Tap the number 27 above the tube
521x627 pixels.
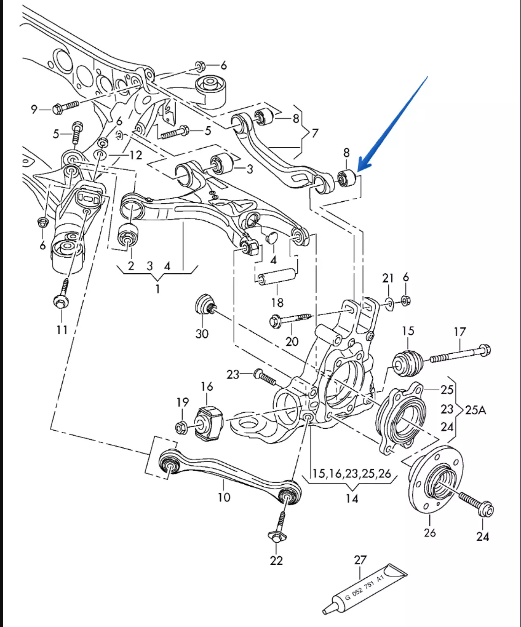(360, 560)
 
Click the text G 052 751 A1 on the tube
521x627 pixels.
(365, 589)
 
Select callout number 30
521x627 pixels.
(202, 334)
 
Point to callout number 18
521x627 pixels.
(277, 302)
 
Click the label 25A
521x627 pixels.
(476, 410)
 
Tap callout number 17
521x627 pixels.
(459, 332)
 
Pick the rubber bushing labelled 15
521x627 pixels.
(407, 363)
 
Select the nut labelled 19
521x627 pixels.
(181, 427)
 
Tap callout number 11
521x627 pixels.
(62, 330)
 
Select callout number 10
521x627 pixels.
(224, 497)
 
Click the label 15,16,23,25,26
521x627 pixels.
(351, 473)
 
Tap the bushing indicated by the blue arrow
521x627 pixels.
(347, 178)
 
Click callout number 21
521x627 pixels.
(388, 278)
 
